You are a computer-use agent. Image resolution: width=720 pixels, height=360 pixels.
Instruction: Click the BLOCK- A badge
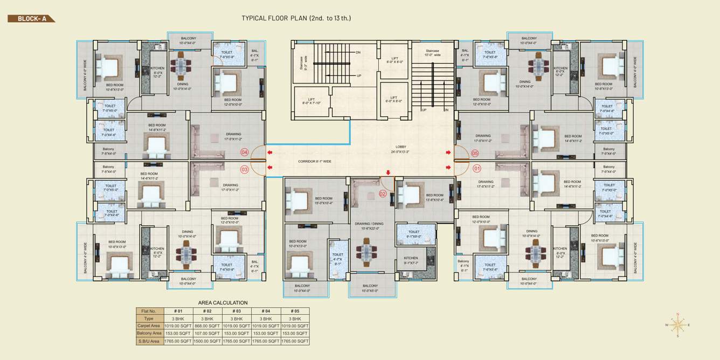pyautogui.click(x=31, y=18)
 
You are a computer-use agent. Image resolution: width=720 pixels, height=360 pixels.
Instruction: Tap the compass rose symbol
pyautogui.click(x=677, y=324)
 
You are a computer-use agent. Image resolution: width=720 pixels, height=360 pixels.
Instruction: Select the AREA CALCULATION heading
pyautogui.click(x=223, y=303)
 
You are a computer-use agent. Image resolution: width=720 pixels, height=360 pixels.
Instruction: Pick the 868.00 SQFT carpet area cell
pyautogui.click(x=207, y=326)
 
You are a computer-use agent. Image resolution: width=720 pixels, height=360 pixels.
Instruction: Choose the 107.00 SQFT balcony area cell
pyautogui.click(x=207, y=334)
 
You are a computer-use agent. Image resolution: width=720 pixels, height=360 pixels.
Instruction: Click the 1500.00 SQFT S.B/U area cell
pyautogui.click(x=207, y=341)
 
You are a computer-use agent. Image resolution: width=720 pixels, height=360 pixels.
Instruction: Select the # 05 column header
pyautogui.click(x=294, y=311)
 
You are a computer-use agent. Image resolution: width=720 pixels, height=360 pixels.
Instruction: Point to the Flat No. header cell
pyautogui.click(x=148, y=311)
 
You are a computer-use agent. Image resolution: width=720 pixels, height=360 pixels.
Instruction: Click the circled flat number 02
pyautogui.click(x=383, y=193)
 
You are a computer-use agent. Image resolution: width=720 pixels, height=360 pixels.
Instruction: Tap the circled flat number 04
pyautogui.click(x=245, y=153)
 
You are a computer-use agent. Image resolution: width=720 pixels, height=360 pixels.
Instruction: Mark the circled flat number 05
pyautogui.click(x=475, y=153)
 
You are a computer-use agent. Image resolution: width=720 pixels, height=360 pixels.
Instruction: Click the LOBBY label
pyautogui.click(x=400, y=149)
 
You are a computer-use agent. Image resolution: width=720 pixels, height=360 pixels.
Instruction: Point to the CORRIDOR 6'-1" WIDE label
pyautogui.click(x=314, y=161)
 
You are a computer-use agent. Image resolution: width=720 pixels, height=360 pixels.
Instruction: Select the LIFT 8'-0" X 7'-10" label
pyautogui.click(x=311, y=101)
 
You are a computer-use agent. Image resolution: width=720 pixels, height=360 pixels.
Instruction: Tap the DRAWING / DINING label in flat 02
pyautogui.click(x=369, y=226)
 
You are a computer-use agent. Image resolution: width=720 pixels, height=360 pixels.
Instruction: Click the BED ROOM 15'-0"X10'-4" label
pyautogui.click(x=324, y=200)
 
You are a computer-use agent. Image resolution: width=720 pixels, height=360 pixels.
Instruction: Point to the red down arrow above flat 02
pyautogui.click(x=387, y=173)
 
